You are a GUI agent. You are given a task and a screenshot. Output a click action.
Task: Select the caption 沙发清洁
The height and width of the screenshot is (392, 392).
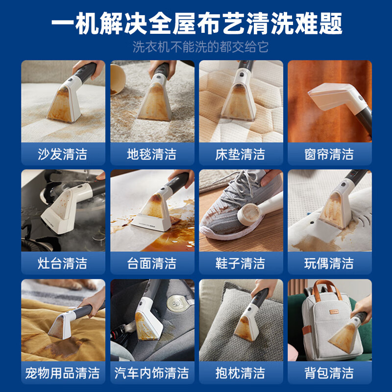click(63, 154)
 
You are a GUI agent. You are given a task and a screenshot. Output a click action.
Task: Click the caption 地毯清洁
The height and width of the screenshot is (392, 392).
click(151, 154)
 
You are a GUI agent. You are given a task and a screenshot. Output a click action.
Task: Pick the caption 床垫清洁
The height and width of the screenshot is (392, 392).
click(240, 154)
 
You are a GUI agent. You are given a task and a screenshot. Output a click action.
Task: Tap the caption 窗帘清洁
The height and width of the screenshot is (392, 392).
click(329, 154)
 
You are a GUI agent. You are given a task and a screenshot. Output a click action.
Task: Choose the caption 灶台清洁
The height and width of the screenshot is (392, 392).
click(63, 264)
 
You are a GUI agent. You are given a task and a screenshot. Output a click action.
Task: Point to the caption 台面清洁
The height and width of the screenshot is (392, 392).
click(151, 264)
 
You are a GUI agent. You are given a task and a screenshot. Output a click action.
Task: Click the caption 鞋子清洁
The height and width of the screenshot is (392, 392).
click(240, 264)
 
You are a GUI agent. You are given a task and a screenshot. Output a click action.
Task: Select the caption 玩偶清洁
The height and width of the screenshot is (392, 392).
click(329, 264)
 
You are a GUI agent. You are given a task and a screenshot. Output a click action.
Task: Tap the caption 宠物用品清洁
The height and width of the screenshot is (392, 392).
click(63, 373)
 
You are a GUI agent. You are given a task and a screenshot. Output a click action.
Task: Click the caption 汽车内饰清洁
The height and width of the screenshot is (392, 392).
click(151, 373)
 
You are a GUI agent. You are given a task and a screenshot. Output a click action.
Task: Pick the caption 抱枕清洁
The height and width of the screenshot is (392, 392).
click(240, 373)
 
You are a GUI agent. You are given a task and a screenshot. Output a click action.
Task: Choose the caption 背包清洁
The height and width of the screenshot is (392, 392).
click(329, 373)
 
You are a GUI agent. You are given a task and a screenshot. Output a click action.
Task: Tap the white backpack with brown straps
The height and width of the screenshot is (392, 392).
click(318, 318)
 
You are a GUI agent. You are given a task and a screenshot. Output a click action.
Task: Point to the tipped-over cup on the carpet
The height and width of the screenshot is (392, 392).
click(118, 78)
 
